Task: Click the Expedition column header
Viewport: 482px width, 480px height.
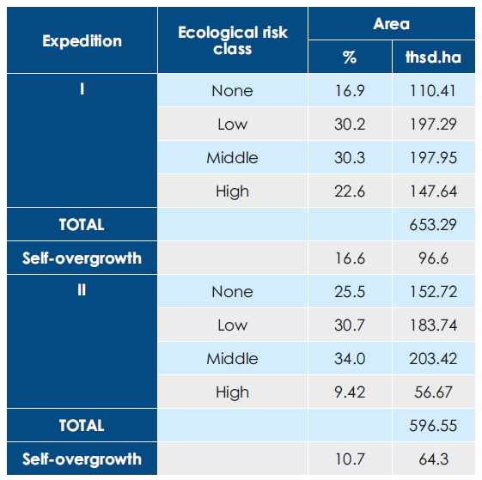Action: point(82,41)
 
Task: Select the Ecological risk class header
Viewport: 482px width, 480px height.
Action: point(233,40)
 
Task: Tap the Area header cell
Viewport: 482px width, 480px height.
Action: point(391,24)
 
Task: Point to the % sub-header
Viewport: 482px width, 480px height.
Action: point(350,58)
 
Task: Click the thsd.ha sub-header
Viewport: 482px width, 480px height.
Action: point(433,58)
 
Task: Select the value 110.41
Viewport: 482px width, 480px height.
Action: point(433,91)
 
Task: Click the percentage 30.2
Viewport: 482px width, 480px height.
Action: point(350,125)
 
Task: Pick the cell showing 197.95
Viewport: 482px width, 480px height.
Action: point(433,158)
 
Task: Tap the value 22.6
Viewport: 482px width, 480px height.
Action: point(350,191)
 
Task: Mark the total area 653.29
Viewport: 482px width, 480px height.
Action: point(433,225)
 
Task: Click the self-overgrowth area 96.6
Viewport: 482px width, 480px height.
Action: point(433,258)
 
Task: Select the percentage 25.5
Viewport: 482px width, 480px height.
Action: point(350,292)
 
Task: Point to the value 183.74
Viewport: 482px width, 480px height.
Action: point(433,325)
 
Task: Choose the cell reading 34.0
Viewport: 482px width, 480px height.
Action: point(350,359)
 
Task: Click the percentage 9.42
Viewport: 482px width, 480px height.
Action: point(350,392)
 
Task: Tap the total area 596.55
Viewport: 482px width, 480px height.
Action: point(433,426)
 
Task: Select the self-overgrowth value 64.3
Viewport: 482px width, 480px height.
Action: point(433,459)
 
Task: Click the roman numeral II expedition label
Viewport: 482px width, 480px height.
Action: point(82,289)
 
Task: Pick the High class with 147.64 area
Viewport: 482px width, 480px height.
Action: point(232,191)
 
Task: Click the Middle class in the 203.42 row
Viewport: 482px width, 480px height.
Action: point(232,359)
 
